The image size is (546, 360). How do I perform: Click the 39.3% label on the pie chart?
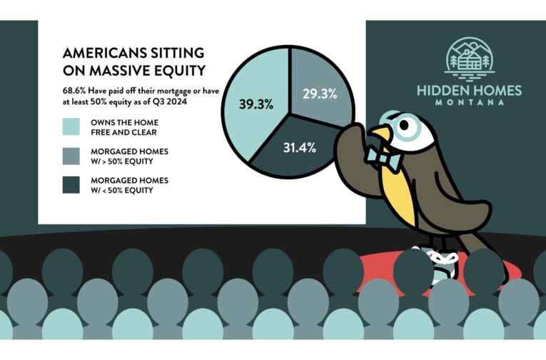pos(256,104)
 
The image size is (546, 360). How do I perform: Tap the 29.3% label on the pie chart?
pos(320,94)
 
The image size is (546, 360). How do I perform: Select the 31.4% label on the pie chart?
pos(300,148)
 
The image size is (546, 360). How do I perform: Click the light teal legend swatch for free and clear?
pos(71,126)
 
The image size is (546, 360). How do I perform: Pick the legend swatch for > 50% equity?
pos(71,156)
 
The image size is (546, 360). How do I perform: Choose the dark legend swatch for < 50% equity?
pos(71,185)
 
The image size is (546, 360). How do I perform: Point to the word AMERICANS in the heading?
pos(103,53)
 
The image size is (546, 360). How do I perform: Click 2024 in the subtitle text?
pos(178,101)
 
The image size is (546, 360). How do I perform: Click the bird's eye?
pos(405,126)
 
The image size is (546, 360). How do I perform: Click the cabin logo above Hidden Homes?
pos(469,58)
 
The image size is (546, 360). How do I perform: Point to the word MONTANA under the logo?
pos(470,102)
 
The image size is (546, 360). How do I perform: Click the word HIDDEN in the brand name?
pos(440,91)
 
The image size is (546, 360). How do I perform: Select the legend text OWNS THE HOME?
pos(124,123)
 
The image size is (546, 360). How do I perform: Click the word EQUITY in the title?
pos(181,71)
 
